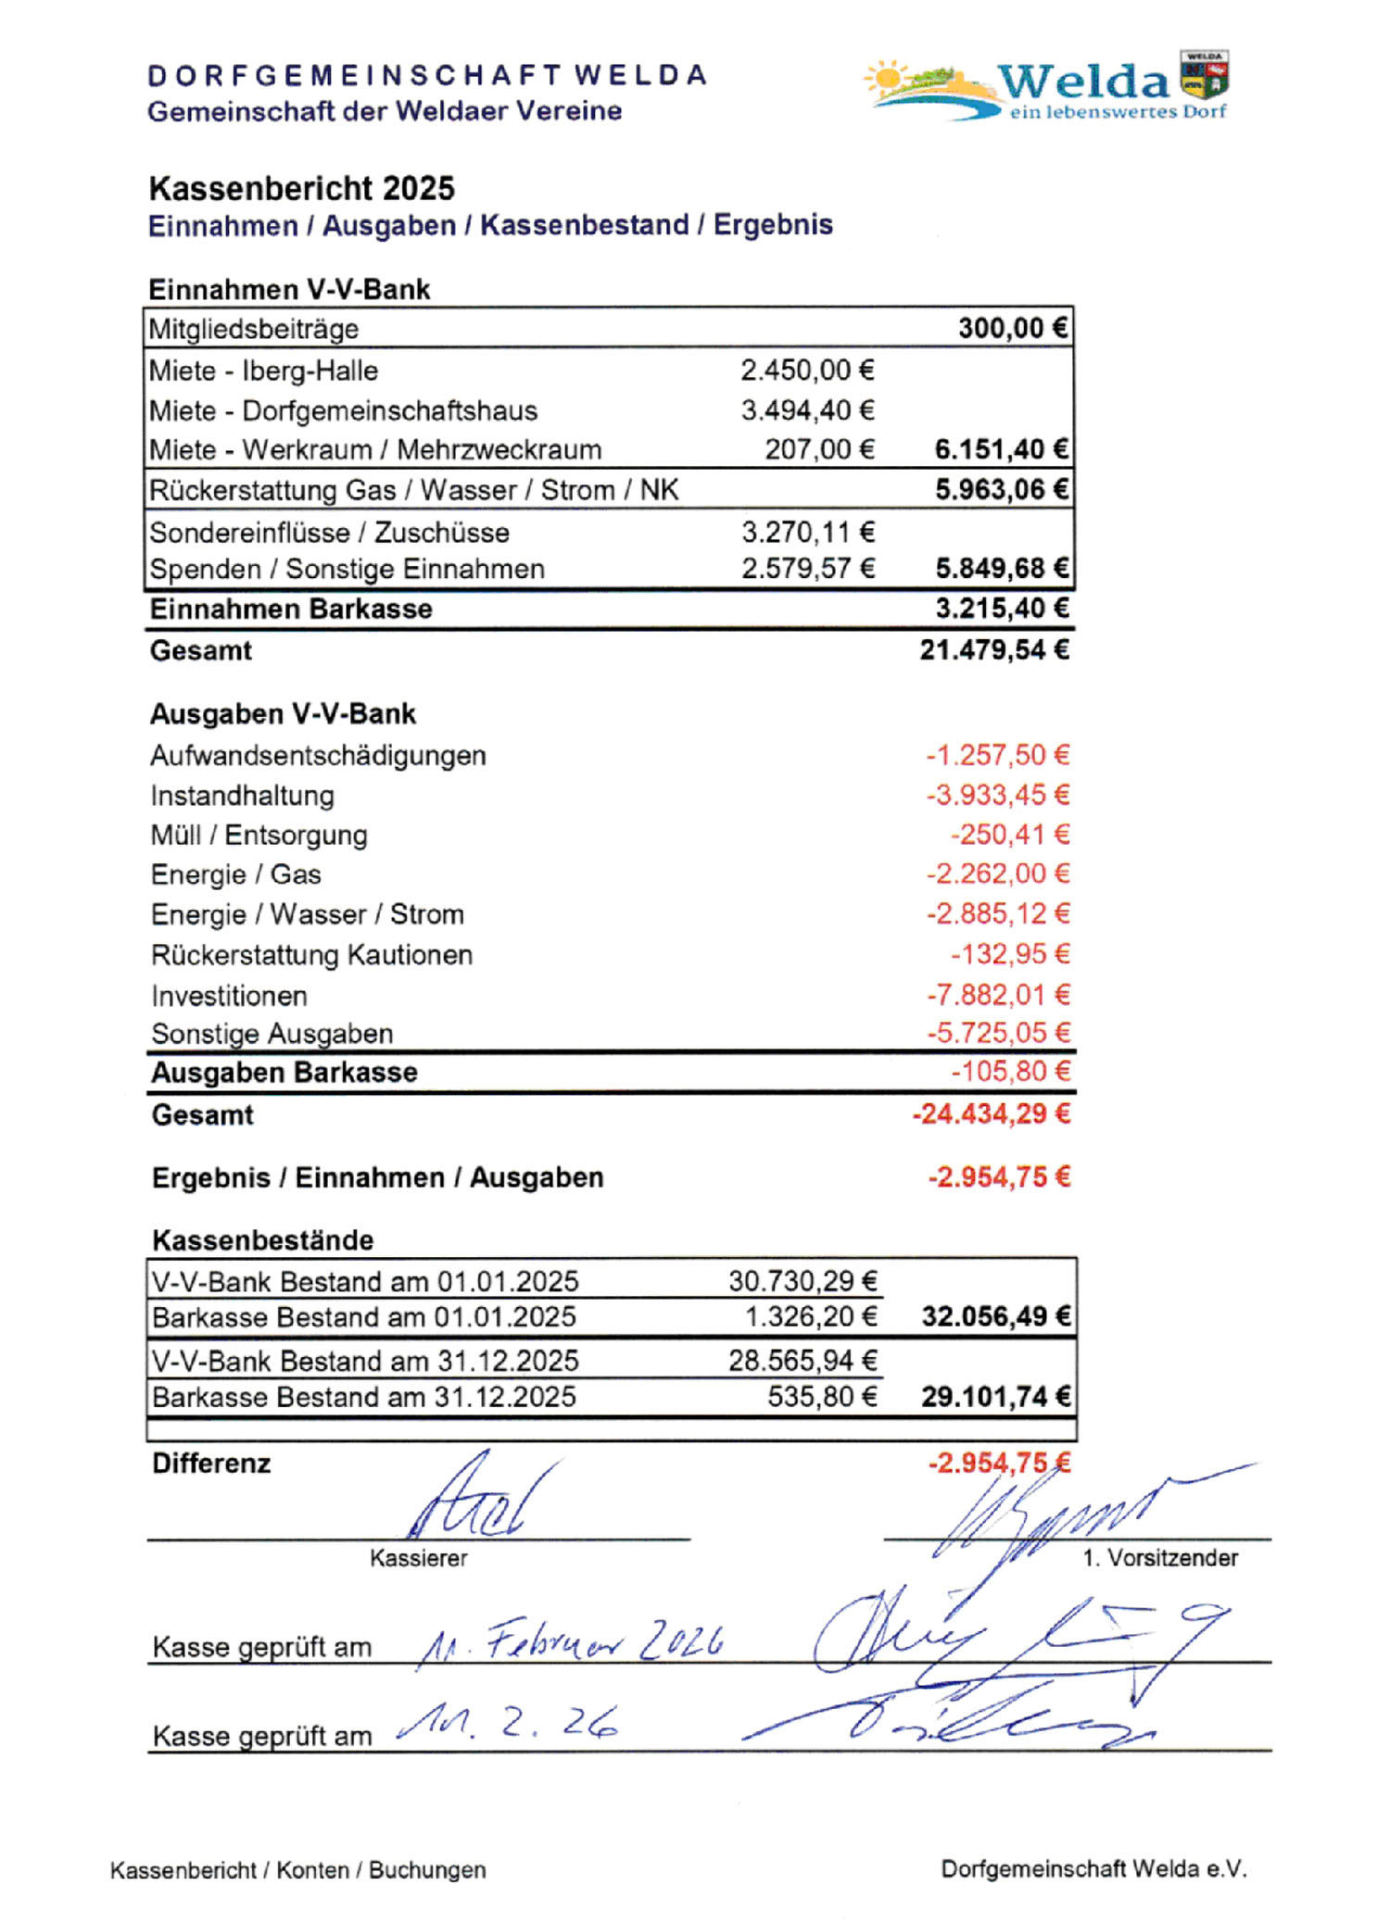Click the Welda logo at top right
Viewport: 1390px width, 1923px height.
[x=1047, y=88]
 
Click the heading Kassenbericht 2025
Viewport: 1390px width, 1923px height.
[x=302, y=188]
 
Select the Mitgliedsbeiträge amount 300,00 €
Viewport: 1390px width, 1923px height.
[x=1013, y=328]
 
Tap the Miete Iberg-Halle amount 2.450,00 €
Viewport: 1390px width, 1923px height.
[x=807, y=371]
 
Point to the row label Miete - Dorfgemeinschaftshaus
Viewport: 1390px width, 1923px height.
[x=343, y=410]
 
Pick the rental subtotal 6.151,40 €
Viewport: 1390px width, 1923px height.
[x=1001, y=449]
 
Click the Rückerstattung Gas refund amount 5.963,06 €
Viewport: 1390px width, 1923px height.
[x=1001, y=489]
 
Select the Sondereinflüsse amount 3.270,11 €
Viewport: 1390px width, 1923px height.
[x=808, y=532]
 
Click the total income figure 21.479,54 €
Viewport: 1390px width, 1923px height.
[x=994, y=650]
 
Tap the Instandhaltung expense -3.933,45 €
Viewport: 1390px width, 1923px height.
[x=998, y=795]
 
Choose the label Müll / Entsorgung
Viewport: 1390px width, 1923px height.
[x=259, y=836]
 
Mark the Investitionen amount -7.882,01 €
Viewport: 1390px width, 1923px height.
[x=998, y=995]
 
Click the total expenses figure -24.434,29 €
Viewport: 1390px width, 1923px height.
[x=992, y=1113]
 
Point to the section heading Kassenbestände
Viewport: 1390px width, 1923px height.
[x=262, y=1240]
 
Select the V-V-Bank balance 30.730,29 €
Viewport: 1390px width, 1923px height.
[x=802, y=1281]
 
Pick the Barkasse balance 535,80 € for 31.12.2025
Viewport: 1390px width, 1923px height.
[x=822, y=1396]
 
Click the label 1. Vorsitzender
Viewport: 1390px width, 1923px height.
[x=1159, y=1558]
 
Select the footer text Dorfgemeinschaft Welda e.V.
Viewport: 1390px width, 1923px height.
[x=1093, y=1869]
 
